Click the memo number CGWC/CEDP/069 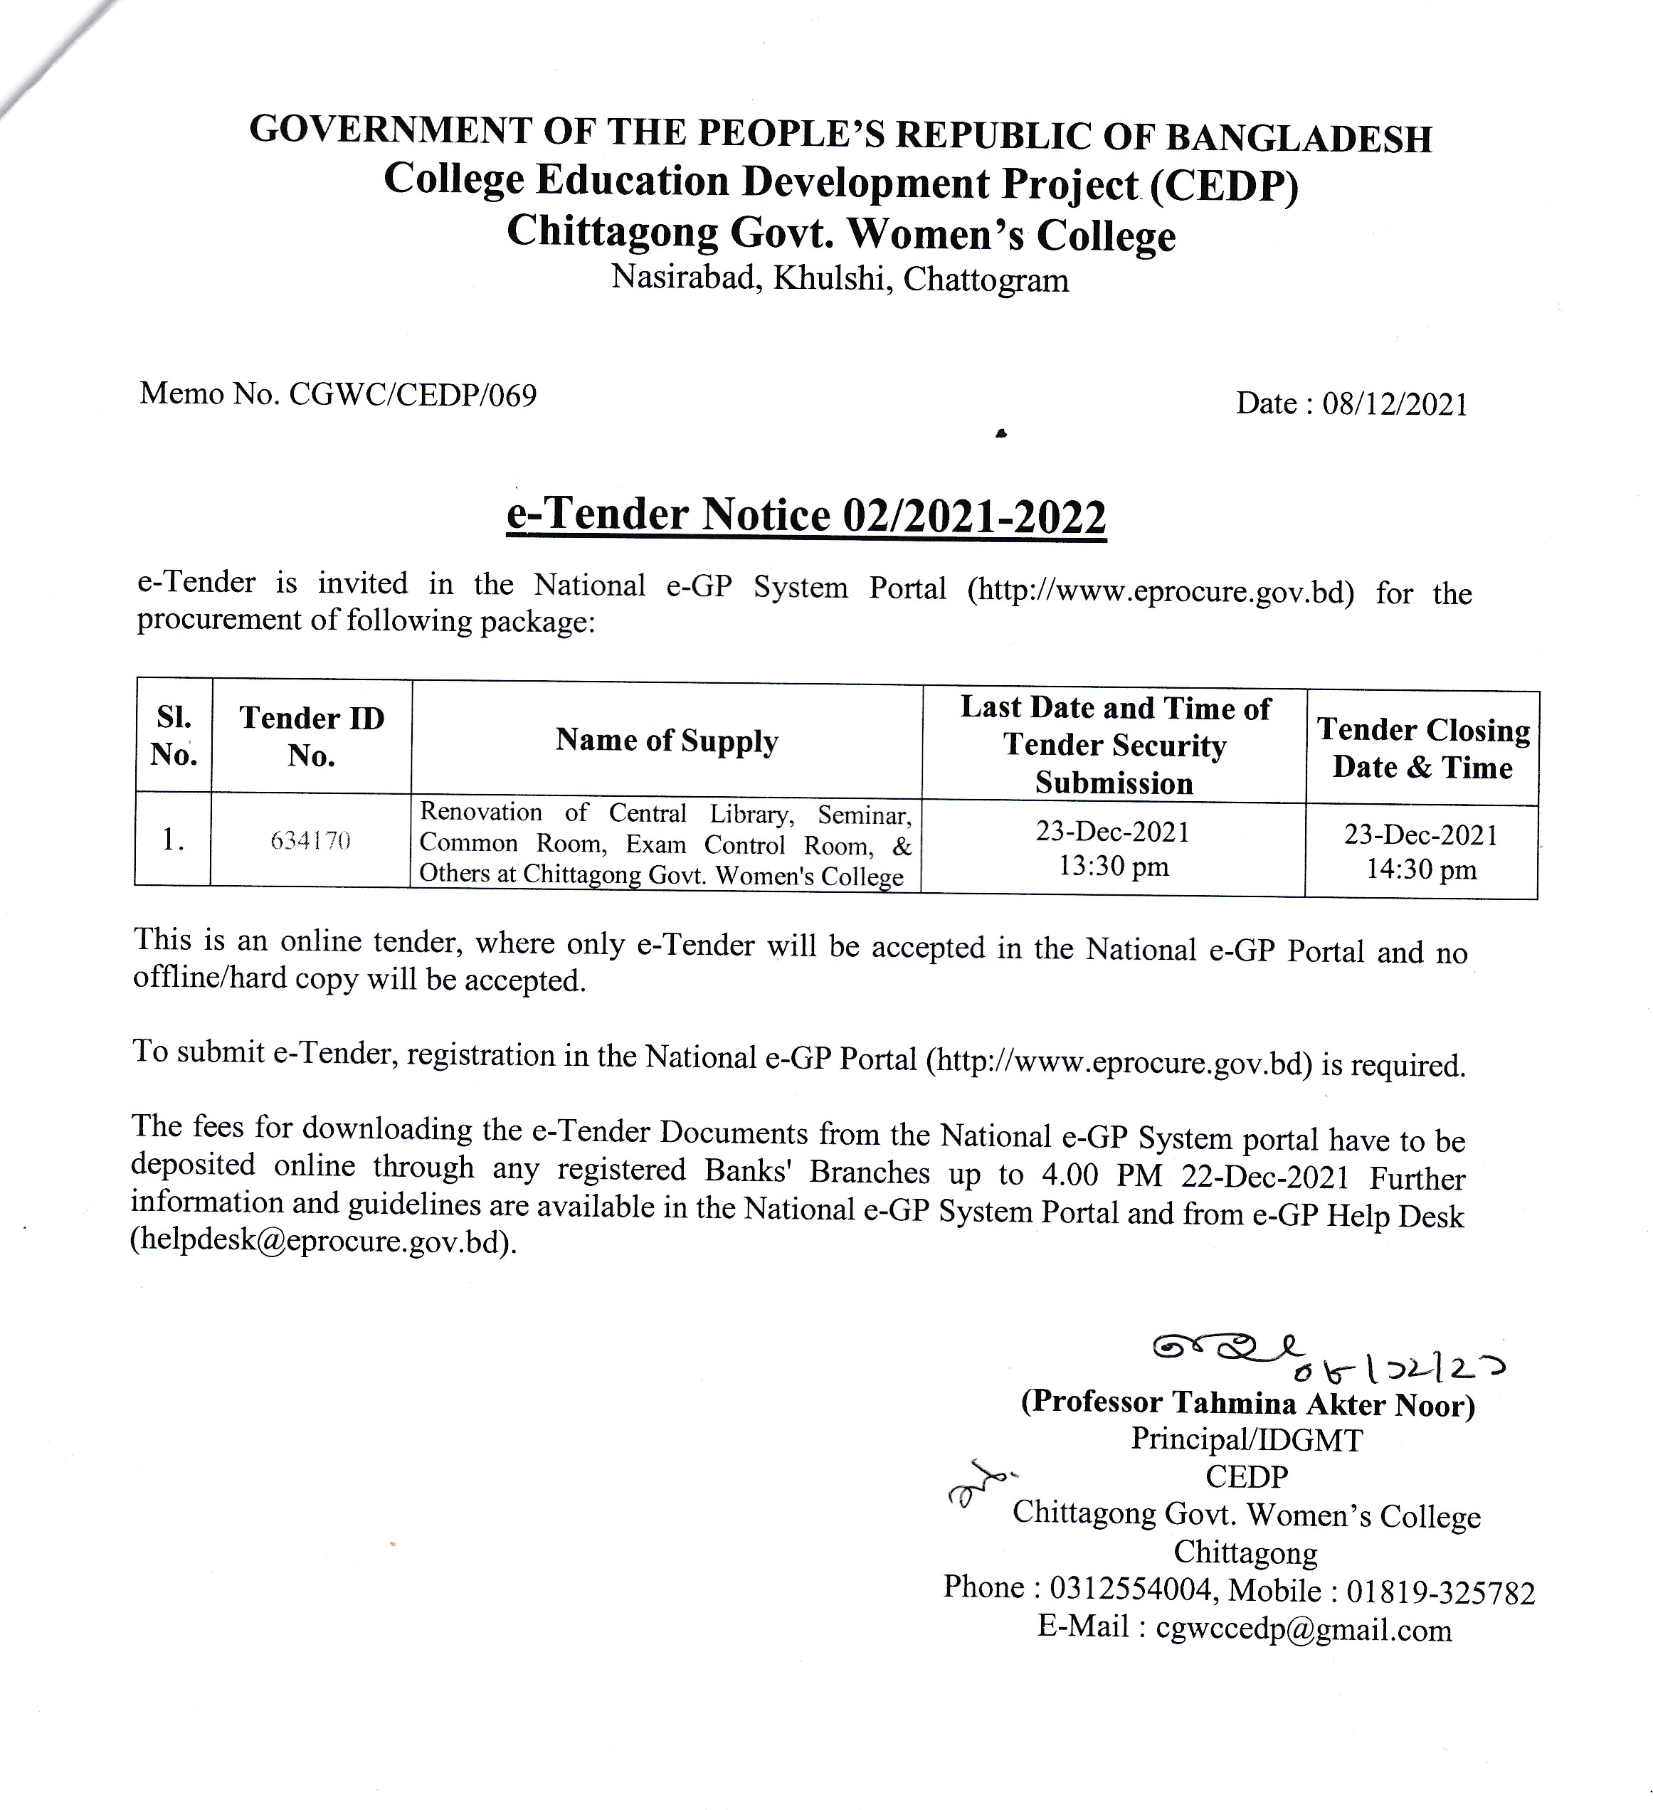click(x=412, y=395)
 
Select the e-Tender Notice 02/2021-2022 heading click(x=806, y=515)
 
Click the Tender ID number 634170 click(x=311, y=841)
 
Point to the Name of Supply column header click(x=666, y=741)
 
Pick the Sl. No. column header click(x=174, y=736)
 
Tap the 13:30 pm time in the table click(x=1114, y=867)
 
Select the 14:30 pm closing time click(x=1421, y=869)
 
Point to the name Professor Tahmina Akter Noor click(x=1248, y=1402)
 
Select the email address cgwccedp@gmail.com click(x=1303, y=1629)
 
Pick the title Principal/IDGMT click(x=1246, y=1440)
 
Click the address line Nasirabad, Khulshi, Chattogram click(x=840, y=279)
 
